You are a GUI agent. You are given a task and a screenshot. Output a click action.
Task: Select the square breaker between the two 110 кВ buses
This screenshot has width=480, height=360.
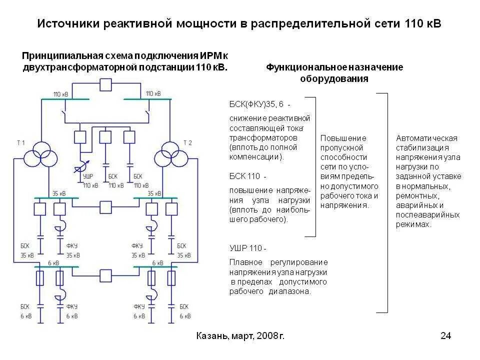tap(105, 84)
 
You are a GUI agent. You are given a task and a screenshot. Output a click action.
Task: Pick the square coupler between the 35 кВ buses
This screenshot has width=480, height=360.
tap(105, 206)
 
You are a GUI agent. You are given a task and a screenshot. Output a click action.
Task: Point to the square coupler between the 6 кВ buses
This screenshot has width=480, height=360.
tap(105, 275)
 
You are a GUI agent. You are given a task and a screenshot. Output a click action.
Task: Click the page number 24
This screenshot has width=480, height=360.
tap(445, 336)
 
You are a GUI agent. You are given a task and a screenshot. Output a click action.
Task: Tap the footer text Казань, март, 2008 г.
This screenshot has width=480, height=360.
tap(240, 336)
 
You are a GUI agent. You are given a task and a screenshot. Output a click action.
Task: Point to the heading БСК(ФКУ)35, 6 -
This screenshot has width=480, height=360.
tap(259, 104)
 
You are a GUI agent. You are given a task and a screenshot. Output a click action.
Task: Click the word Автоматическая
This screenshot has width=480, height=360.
tap(426, 138)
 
